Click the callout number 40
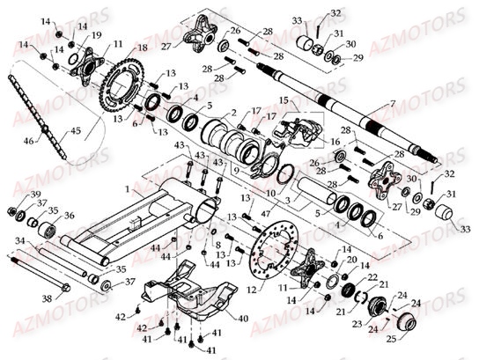(242, 319)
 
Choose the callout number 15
(284, 103)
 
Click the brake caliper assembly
(295, 129)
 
